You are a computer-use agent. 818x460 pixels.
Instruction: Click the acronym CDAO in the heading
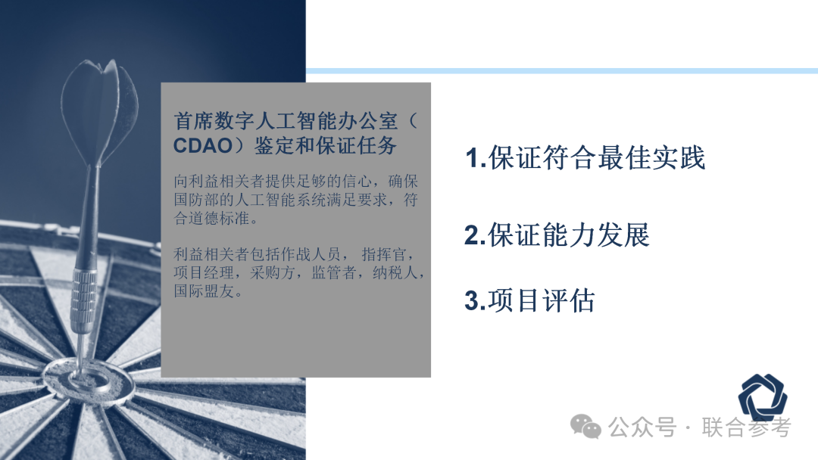click(203, 146)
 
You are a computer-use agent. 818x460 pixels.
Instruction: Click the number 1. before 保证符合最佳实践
click(475, 158)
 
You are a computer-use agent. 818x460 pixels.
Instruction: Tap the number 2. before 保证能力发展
click(475, 235)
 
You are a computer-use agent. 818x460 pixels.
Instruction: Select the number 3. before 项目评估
click(475, 300)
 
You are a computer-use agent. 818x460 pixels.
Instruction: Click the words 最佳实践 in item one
click(651, 158)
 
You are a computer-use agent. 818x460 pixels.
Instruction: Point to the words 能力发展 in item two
click(596, 235)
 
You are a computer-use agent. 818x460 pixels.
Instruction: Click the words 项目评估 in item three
click(542, 300)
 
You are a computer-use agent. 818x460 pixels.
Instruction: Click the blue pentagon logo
click(763, 398)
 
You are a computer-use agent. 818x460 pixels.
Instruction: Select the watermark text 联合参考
click(746, 427)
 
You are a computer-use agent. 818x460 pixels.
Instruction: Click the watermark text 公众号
click(642, 427)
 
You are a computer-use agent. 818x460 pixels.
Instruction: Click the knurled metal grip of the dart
click(83, 300)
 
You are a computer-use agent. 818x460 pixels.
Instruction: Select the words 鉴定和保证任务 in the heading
click(326, 146)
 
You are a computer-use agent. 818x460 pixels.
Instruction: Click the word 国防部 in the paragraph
click(204, 200)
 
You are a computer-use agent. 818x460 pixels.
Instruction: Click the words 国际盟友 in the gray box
click(204, 291)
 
